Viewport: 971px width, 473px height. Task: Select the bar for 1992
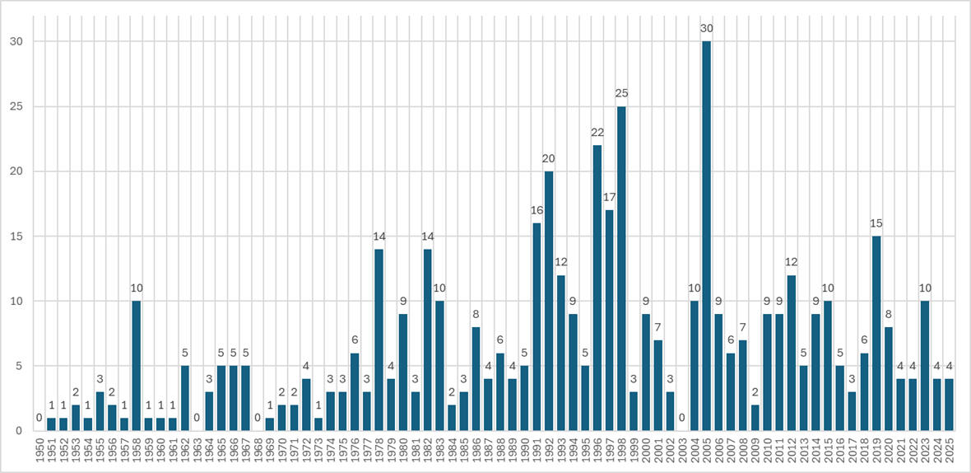pyautogui.click(x=549, y=301)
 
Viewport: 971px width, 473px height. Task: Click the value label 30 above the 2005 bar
pyautogui.click(x=706, y=29)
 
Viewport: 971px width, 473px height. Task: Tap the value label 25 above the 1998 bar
pyautogui.click(x=621, y=94)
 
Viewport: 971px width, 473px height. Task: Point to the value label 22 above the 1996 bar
pyautogui.click(x=597, y=133)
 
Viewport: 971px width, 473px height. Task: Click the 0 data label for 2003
pyautogui.click(x=682, y=419)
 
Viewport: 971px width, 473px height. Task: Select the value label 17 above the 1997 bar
pyautogui.click(x=610, y=198)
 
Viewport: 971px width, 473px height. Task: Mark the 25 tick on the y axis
pyautogui.click(x=17, y=107)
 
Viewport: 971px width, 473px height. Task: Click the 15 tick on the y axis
pyautogui.click(x=17, y=236)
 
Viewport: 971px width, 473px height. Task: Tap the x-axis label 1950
pyautogui.click(x=39, y=452)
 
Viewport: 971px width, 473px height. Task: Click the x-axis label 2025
pyautogui.click(x=950, y=452)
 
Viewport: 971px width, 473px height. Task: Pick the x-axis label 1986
pyautogui.click(x=476, y=452)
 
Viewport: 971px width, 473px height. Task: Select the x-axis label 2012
pyautogui.click(x=792, y=452)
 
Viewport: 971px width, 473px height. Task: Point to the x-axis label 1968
pyautogui.click(x=258, y=452)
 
